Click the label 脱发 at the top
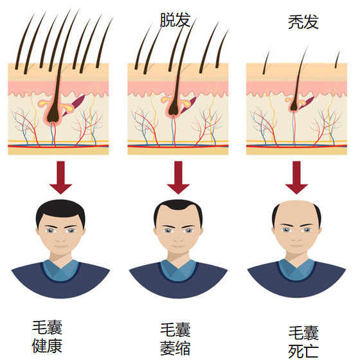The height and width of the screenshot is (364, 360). [175, 20]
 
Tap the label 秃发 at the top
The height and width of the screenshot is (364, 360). [303, 22]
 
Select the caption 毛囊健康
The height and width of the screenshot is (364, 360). [47, 336]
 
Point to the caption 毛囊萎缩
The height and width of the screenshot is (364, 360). [175, 339]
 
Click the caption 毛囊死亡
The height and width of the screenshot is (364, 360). [303, 341]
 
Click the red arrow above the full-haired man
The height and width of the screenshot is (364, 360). [60, 177]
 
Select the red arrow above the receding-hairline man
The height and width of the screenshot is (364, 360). [178, 177]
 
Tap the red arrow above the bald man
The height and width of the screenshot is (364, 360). [296, 177]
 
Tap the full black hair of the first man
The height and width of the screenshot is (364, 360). [60, 210]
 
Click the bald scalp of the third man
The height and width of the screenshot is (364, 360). [296, 211]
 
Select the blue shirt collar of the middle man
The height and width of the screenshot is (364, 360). [178, 270]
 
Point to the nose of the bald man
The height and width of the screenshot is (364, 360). [296, 238]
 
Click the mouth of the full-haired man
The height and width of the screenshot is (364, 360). [60, 246]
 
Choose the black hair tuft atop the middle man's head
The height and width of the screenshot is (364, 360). [178, 205]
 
